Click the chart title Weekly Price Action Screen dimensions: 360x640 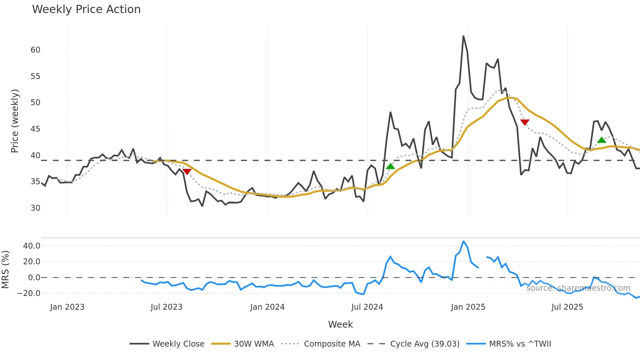point(86,9)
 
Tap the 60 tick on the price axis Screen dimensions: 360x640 point(35,50)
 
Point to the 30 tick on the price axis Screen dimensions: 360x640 point(35,208)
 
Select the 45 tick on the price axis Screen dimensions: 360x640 point(35,129)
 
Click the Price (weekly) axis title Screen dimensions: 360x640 point(15,121)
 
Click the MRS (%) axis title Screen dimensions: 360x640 point(5,270)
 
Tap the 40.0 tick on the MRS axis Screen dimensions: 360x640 point(32,246)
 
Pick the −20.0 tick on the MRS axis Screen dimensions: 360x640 point(29,293)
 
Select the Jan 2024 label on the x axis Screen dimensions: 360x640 point(267,307)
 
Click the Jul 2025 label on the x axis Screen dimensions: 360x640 point(567,307)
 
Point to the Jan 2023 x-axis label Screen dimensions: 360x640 point(67,307)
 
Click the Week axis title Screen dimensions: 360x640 point(340,324)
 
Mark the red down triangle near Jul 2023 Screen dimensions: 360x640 point(187,172)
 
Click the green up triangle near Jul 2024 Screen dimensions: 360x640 point(391,166)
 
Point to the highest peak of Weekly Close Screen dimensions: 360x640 point(463,36)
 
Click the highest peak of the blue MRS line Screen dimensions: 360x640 point(463,241)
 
